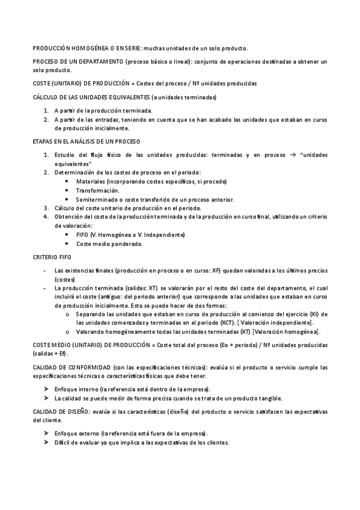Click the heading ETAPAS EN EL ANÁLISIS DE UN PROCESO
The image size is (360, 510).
pos(86,141)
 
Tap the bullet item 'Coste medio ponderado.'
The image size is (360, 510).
pos(109,244)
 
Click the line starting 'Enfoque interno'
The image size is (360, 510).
pos(132,389)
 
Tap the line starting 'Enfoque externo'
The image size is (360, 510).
pos(131,434)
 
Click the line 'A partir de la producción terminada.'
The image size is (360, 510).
pos(103,111)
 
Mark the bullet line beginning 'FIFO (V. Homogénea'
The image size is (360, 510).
pos(130,235)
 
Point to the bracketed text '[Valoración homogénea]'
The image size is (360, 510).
pos(286,331)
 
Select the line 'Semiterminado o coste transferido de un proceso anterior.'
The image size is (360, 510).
pos(155,199)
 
